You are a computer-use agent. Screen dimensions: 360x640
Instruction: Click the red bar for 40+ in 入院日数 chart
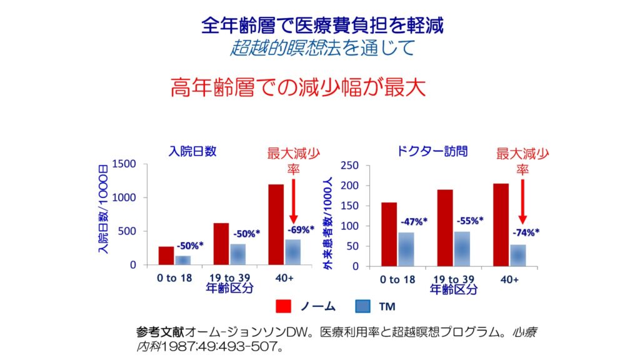tap(276, 224)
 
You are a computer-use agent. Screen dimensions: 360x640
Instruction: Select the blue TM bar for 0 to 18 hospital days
tap(182, 260)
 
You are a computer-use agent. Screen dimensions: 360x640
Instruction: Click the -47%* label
tap(413, 221)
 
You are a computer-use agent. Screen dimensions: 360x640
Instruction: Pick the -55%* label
tap(469, 221)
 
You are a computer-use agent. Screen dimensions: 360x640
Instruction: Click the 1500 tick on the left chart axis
tap(124, 164)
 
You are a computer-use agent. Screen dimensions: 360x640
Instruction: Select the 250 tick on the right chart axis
tap(349, 166)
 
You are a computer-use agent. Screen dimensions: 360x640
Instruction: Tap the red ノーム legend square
tap(284, 306)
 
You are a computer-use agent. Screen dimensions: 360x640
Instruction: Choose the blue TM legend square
tap(363, 306)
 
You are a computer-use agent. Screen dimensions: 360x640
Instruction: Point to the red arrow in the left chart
tap(293, 200)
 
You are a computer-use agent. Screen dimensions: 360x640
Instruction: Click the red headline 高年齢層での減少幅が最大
tap(298, 88)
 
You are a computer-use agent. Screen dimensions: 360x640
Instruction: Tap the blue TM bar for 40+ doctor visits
tap(518, 255)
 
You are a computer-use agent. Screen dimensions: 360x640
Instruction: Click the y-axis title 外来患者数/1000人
tap(327, 224)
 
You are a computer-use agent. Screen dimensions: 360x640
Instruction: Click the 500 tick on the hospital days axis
tap(127, 231)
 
